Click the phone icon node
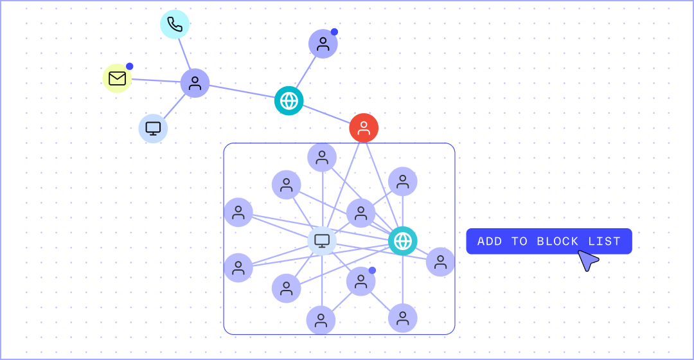[x=175, y=24]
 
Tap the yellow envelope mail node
[x=117, y=78]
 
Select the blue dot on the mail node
[x=130, y=66]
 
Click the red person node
[x=364, y=128]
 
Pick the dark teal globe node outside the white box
[x=289, y=100]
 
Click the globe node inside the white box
[x=403, y=241]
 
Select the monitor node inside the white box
[x=322, y=241]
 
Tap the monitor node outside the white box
[x=153, y=129]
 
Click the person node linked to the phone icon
[x=195, y=83]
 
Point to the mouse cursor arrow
[x=586, y=259]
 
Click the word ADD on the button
[x=490, y=242]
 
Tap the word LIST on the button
[x=604, y=242]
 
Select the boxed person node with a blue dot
[x=360, y=282]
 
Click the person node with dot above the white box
[x=323, y=44]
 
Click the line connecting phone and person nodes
[x=184, y=53]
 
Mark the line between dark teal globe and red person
[x=326, y=114]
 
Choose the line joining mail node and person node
[x=156, y=80]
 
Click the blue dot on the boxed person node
[x=372, y=270]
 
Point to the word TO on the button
[x=519, y=242]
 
